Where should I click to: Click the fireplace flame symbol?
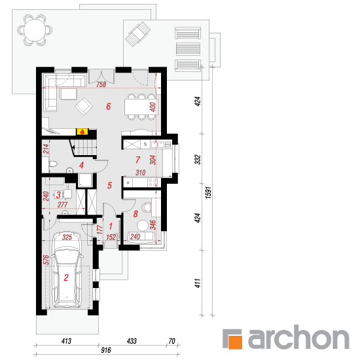82,132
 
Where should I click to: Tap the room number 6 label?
109,106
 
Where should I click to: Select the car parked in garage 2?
67,270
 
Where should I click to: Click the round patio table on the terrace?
35,30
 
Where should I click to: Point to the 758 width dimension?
101,84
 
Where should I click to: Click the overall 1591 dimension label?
208,192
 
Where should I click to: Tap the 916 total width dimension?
105,350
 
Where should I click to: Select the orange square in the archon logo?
234,342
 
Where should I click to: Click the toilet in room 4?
53,164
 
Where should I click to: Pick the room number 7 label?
137,160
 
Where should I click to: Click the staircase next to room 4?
83,147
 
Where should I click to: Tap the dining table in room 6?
141,107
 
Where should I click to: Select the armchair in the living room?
84,107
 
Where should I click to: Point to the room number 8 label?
135,214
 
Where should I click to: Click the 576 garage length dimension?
46,260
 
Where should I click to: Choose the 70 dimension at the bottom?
171,341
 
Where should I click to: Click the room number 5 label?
109,185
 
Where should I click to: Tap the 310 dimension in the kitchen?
140,173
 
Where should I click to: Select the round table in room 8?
143,225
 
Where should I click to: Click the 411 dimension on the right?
198,283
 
